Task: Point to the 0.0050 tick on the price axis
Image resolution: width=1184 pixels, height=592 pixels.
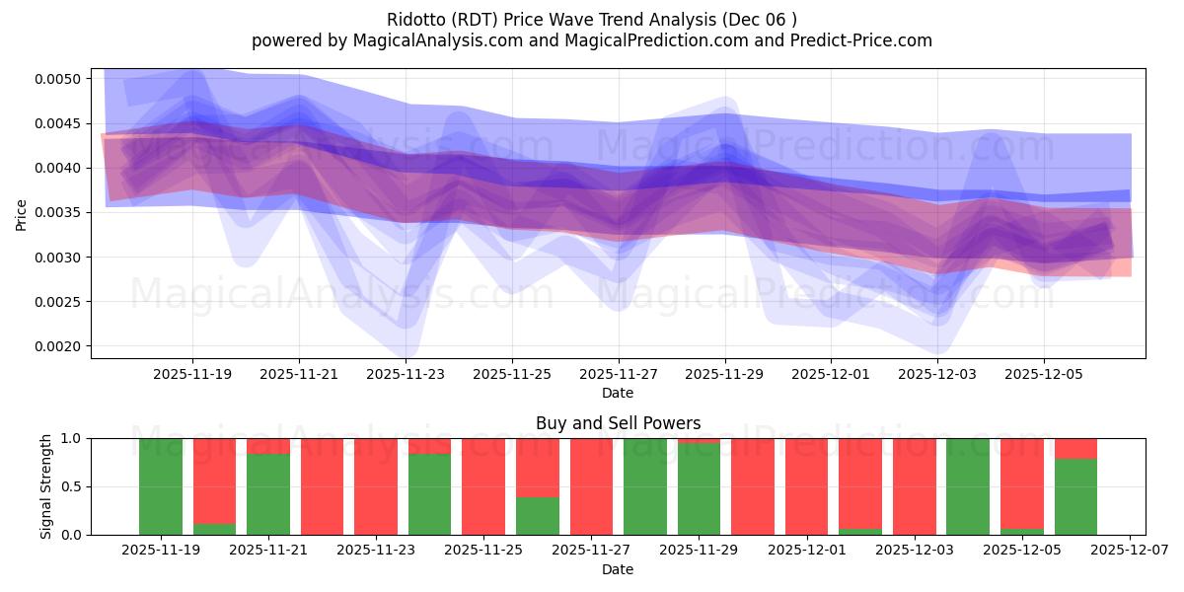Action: coord(61,79)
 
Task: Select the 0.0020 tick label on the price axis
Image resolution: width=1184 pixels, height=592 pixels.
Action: coord(61,346)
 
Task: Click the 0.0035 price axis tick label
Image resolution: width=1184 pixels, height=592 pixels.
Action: coord(61,212)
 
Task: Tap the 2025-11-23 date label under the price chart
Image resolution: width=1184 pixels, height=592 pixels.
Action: coord(406,374)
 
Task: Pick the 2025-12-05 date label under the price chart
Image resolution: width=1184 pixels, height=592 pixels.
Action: coord(1044,374)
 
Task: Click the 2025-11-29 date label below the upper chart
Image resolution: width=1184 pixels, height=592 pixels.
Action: coord(725,374)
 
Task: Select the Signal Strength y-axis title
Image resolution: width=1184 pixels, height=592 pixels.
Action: coord(46,486)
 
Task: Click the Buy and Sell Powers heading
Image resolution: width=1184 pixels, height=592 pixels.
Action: coord(618,423)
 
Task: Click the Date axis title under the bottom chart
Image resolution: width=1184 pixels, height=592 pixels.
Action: coord(618,569)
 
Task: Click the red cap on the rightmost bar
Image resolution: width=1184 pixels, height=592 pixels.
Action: coord(1075,448)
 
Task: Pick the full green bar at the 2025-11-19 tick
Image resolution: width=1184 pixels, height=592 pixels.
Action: coord(161,486)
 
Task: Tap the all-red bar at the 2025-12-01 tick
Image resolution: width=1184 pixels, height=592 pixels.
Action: coord(807,486)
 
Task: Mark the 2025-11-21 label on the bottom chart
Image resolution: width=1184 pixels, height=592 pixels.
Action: coord(268,551)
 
